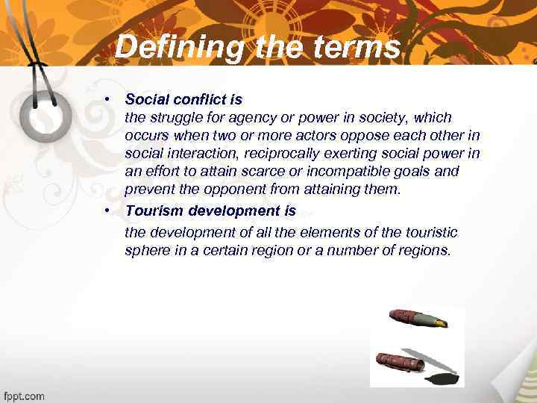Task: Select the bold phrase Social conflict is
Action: [183, 99]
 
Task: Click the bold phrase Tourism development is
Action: [210, 211]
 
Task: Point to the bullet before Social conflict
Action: [108, 99]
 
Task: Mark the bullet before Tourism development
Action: [108, 211]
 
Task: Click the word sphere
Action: [146, 251]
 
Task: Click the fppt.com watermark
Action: [25, 396]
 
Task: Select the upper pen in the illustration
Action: [418, 318]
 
